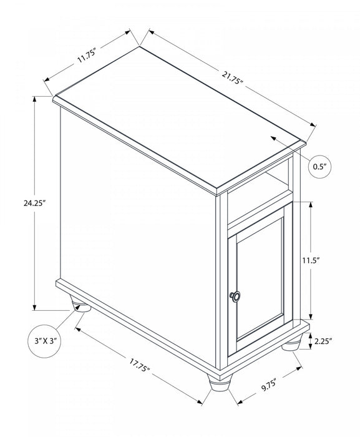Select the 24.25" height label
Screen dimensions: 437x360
pyautogui.click(x=19, y=203)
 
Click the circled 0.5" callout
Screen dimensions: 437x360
pyautogui.click(x=319, y=167)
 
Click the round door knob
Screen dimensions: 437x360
pyautogui.click(x=235, y=297)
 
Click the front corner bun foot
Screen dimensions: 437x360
pyautogui.click(x=218, y=383)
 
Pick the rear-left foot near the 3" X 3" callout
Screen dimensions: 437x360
pyautogui.click(x=79, y=306)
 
